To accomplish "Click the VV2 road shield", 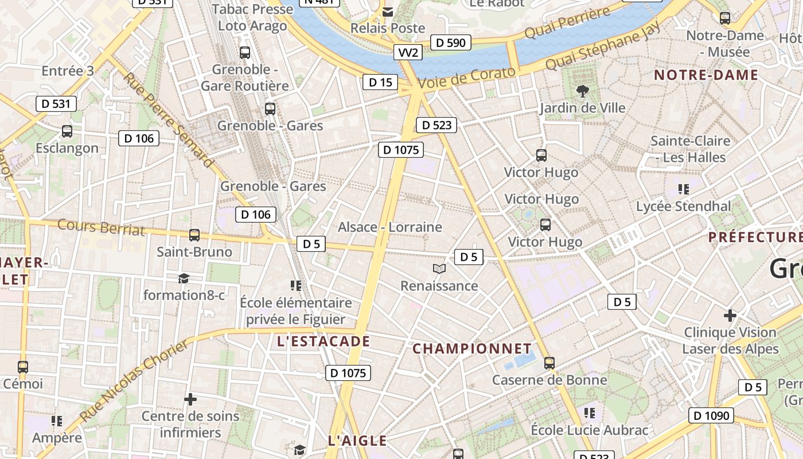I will click(x=408, y=53).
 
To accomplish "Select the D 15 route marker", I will click(x=380, y=83).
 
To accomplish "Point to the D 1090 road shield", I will click(x=711, y=415).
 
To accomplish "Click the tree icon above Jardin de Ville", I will click(x=582, y=91).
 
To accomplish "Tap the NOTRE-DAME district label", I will click(x=706, y=75).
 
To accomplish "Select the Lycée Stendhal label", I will click(x=684, y=207).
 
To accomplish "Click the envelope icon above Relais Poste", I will click(x=388, y=11).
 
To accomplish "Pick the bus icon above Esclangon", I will click(x=67, y=131).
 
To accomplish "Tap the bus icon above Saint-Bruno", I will click(x=194, y=235).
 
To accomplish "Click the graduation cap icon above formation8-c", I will click(x=184, y=278).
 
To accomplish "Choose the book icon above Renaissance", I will click(x=439, y=269).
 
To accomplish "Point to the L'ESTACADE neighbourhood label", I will click(x=323, y=342).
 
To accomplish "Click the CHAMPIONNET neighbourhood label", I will click(x=472, y=349).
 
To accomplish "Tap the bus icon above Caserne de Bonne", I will click(x=549, y=363).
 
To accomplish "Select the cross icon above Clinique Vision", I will click(x=730, y=315).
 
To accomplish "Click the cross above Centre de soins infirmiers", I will click(x=190, y=399).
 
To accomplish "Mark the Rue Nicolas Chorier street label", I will click(x=134, y=381).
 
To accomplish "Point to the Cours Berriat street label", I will click(x=101, y=227).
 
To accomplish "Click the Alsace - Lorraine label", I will click(x=390, y=227).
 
